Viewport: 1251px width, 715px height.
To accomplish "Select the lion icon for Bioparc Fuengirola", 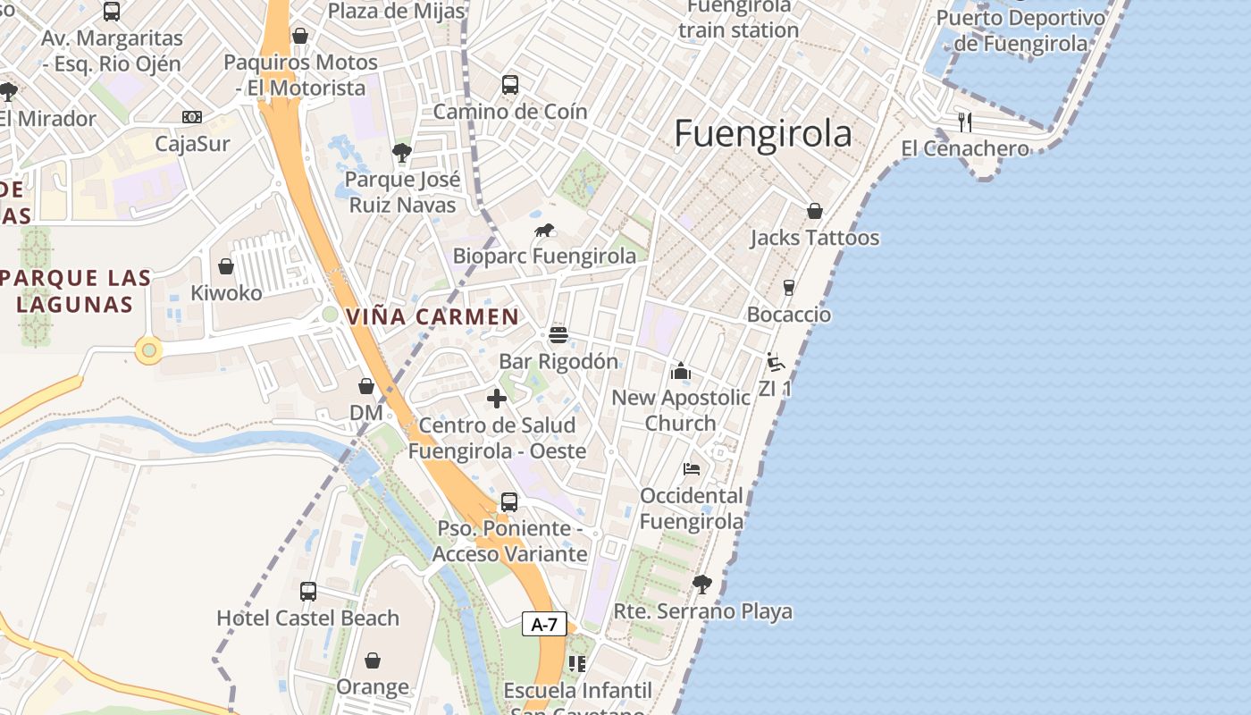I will (x=544, y=231).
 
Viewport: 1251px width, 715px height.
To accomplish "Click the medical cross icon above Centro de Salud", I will (x=497, y=399).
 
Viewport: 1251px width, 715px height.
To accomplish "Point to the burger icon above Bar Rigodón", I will (x=558, y=335).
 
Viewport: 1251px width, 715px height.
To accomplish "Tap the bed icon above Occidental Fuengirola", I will (x=692, y=468).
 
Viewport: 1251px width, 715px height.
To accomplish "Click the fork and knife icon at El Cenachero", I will (x=965, y=122).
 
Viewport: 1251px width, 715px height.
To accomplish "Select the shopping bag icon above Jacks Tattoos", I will (x=814, y=211).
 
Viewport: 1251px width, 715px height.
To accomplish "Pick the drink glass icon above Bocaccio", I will (x=788, y=287).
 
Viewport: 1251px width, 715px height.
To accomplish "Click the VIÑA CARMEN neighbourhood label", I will (x=432, y=316).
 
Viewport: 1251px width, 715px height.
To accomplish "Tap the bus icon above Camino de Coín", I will (x=510, y=85).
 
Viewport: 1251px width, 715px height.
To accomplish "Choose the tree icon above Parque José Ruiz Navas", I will (x=402, y=153).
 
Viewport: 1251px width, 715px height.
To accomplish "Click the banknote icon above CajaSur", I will (x=192, y=117).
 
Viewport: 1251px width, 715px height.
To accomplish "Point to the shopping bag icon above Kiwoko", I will (x=226, y=266).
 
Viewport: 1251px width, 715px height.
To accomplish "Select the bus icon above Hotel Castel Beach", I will (x=308, y=591).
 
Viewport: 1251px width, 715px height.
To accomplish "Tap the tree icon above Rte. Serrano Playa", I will (x=702, y=585).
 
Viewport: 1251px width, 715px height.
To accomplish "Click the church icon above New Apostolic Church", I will (x=681, y=371).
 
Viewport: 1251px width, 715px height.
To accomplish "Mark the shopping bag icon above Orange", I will (x=373, y=660).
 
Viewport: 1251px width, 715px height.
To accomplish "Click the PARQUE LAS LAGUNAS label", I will (x=75, y=290).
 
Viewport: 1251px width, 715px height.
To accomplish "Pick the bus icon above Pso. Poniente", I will (x=509, y=502).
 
